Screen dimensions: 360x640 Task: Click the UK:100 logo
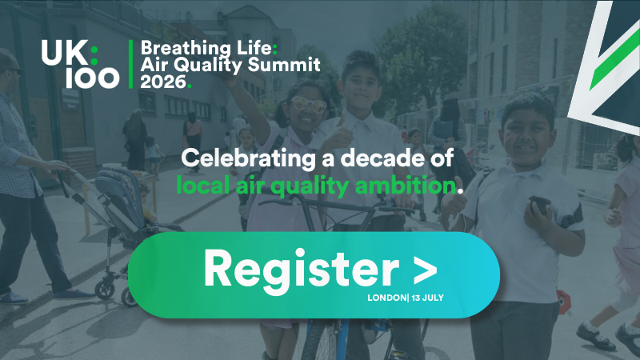tap(81, 63)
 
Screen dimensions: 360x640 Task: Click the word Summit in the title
tap(275, 63)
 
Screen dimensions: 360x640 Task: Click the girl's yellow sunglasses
tap(308, 106)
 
